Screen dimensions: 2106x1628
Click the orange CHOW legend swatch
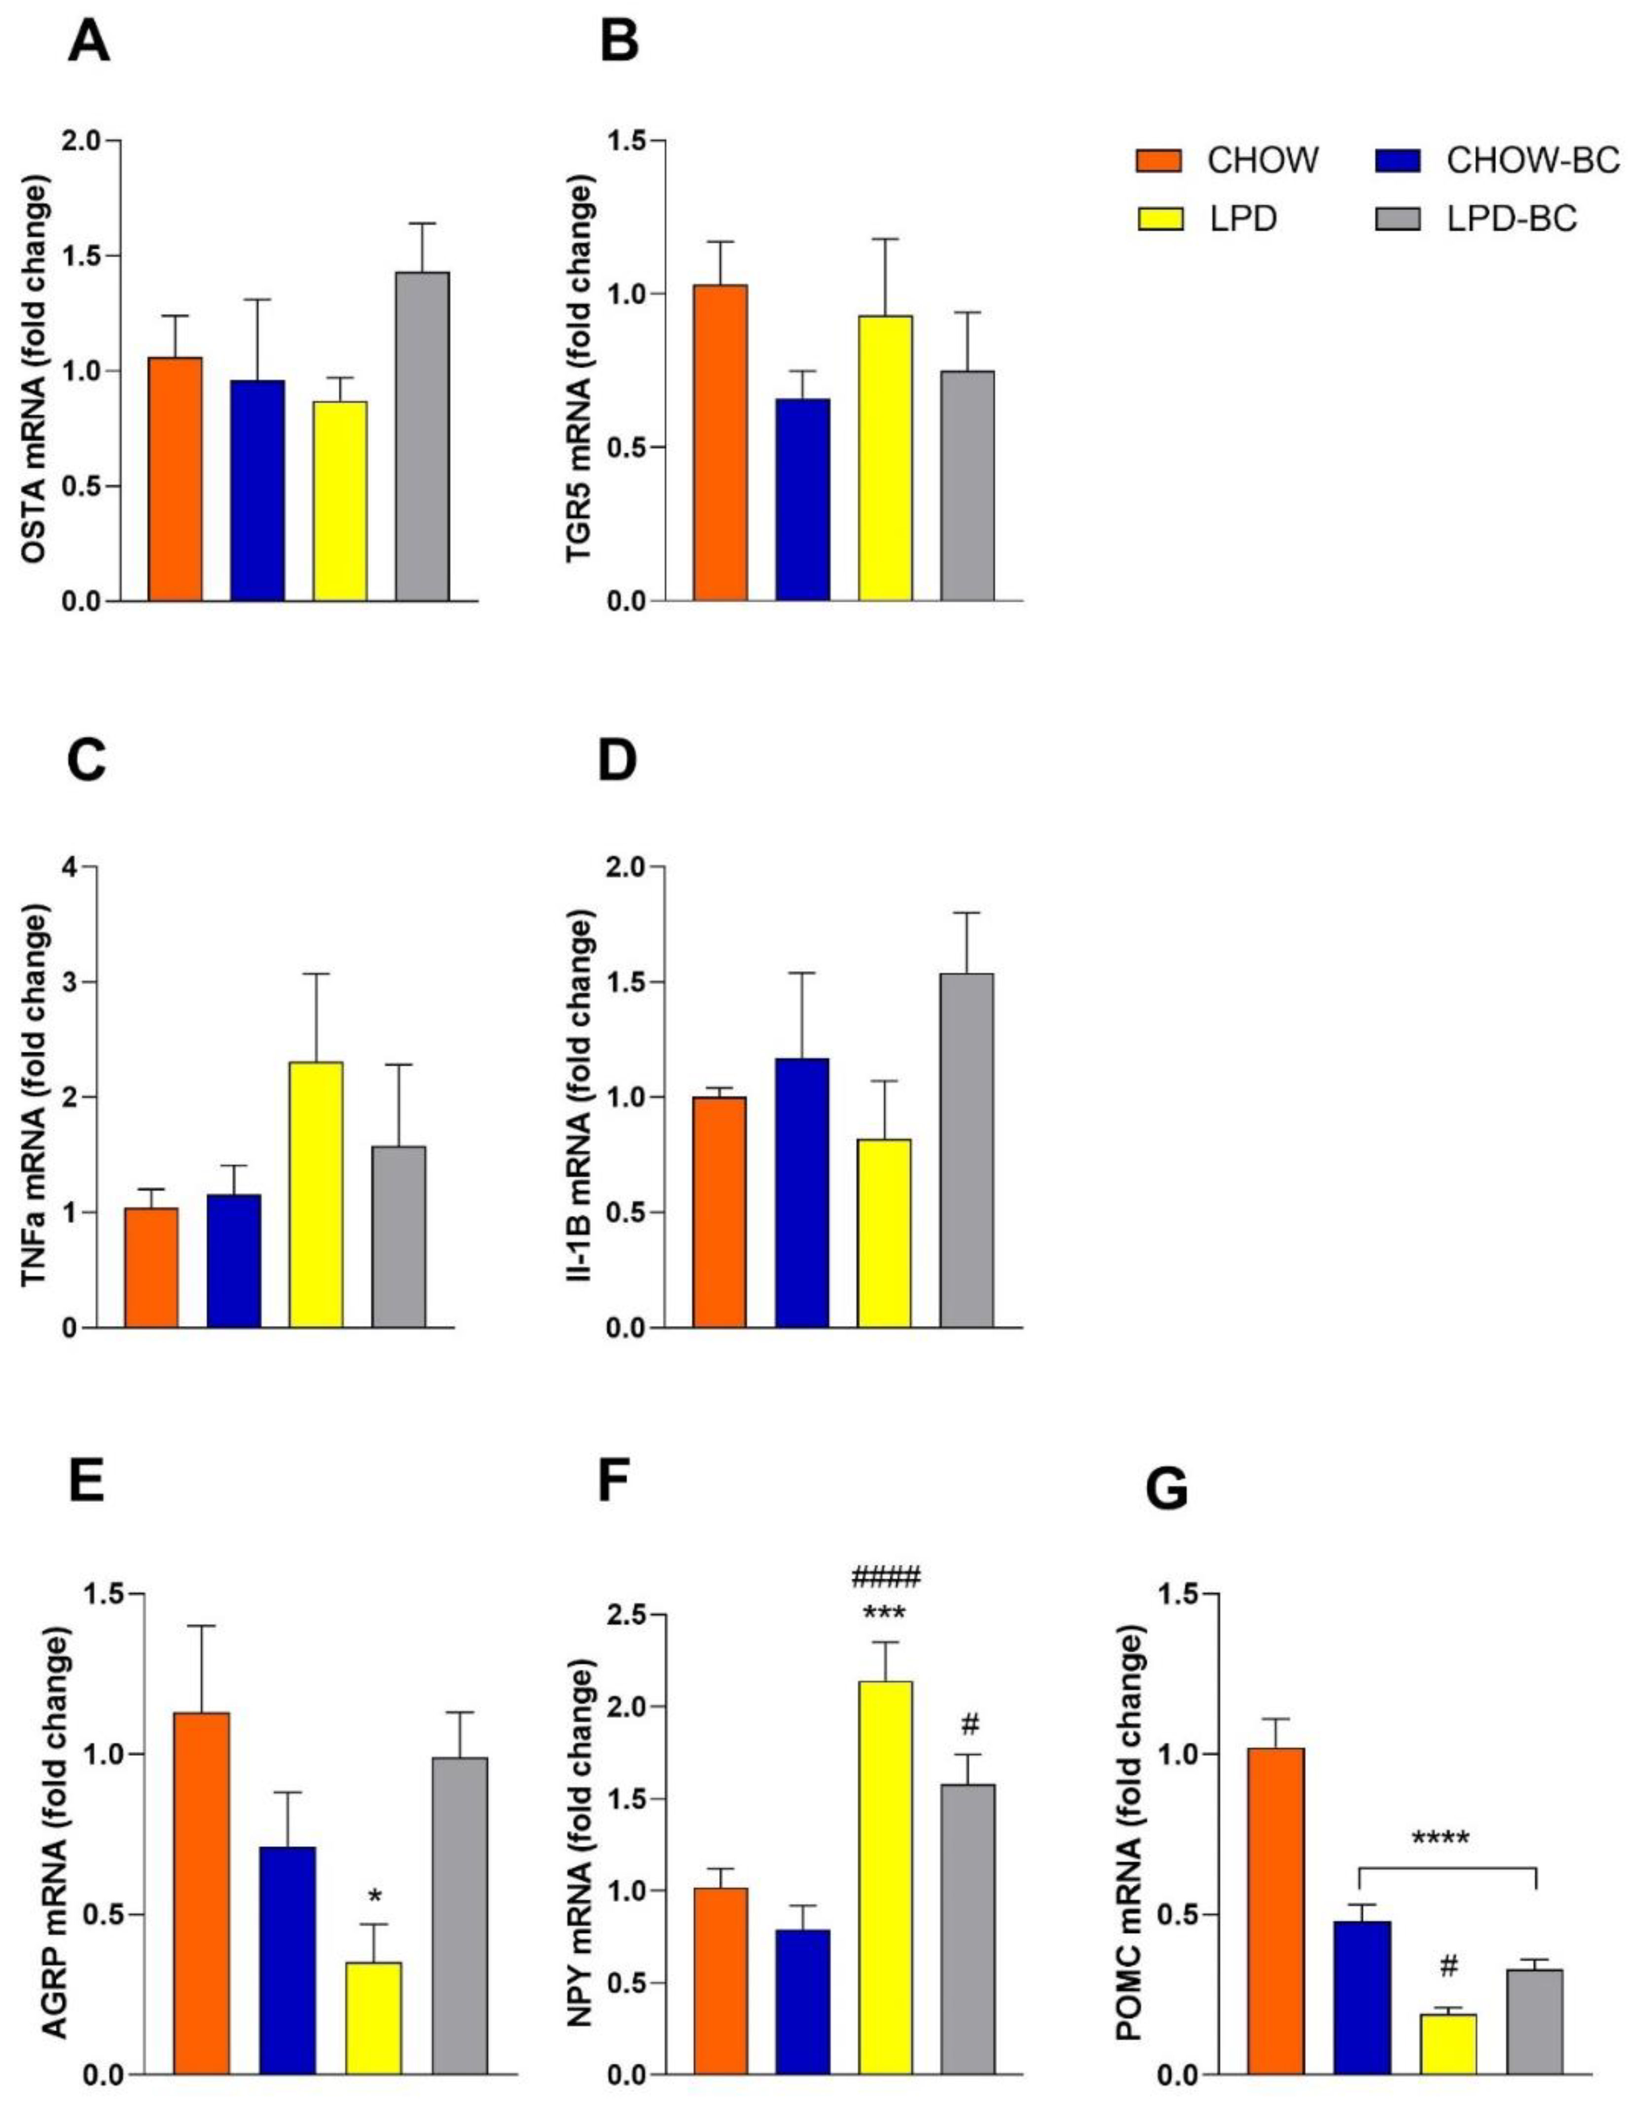1158,160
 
